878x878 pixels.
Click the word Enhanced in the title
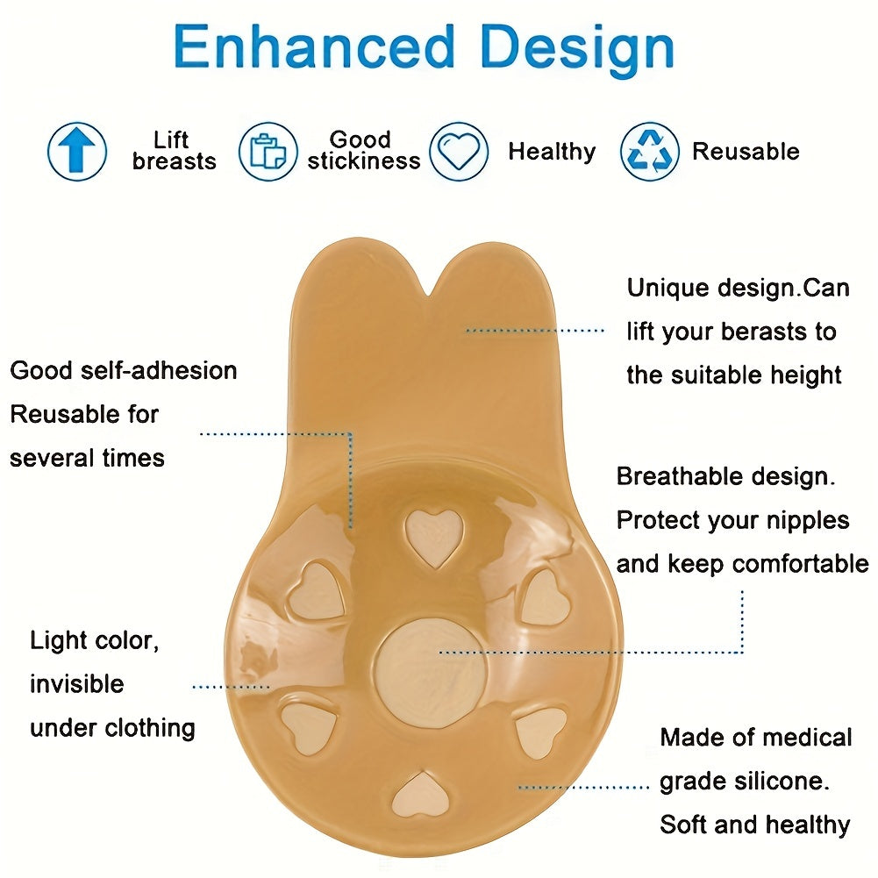pyautogui.click(x=314, y=47)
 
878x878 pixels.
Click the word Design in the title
pyautogui.click(x=577, y=50)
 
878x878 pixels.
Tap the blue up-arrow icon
pyautogui.click(x=76, y=151)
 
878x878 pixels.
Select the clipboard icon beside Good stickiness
pyautogui.click(x=268, y=151)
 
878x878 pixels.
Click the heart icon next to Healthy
pyautogui.click(x=459, y=151)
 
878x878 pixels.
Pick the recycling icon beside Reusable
pyautogui.click(x=650, y=151)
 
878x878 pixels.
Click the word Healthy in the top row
pyautogui.click(x=552, y=152)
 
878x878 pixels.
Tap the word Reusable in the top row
pyautogui.click(x=746, y=152)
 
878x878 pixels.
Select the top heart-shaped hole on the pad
pyautogui.click(x=434, y=538)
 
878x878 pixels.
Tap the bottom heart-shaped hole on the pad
pyautogui.click(x=420, y=794)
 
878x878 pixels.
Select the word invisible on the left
pyautogui.click(x=76, y=683)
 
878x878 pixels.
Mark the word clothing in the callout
pyautogui.click(x=150, y=729)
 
